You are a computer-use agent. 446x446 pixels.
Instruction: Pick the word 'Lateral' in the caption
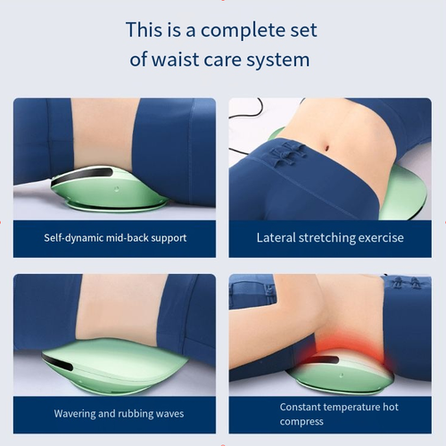click(277, 238)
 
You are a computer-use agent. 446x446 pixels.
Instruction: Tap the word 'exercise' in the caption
click(382, 238)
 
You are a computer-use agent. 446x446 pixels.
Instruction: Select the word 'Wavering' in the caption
click(78, 414)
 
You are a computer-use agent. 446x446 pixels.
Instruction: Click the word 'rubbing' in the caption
click(131, 414)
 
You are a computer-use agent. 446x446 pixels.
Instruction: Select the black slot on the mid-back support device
click(80, 175)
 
